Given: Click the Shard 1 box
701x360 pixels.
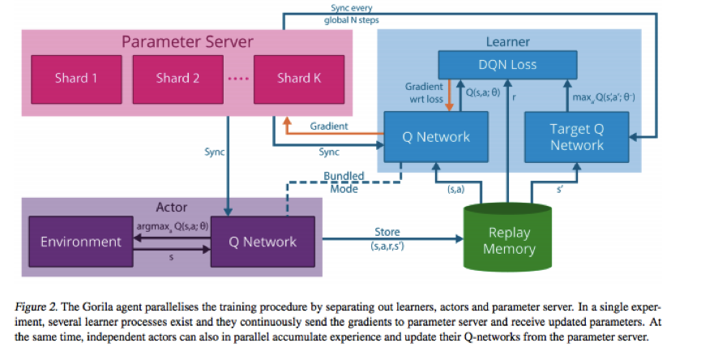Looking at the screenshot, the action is [x=76, y=79].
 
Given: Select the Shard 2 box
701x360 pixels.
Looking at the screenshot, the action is [x=178, y=79].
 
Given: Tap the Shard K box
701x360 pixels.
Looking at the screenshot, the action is [x=299, y=79].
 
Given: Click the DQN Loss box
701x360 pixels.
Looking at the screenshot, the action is [x=507, y=65].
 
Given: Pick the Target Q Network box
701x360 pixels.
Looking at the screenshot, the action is [x=577, y=137].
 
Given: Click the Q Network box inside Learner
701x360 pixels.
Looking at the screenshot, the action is [x=436, y=137].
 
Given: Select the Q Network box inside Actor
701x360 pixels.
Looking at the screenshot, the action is [x=263, y=242].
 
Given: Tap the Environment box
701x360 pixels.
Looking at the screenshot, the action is [x=81, y=242].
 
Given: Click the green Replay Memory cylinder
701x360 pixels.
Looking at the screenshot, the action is [x=508, y=237].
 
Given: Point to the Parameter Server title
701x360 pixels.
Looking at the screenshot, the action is [x=187, y=41].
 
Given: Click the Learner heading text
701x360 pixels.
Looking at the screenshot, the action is [x=508, y=42].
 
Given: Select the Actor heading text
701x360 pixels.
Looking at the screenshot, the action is [x=172, y=208].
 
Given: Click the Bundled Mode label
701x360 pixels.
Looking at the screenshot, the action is [x=344, y=182].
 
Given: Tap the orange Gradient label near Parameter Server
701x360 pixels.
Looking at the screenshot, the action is [x=329, y=126].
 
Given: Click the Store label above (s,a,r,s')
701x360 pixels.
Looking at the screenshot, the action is [x=387, y=232].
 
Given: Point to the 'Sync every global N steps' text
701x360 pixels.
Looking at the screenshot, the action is [x=352, y=14].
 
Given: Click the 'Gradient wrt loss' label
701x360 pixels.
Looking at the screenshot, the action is [x=425, y=92].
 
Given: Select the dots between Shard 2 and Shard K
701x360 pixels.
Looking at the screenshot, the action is [x=238, y=79].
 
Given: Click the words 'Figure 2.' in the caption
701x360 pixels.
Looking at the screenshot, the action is [x=36, y=307].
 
